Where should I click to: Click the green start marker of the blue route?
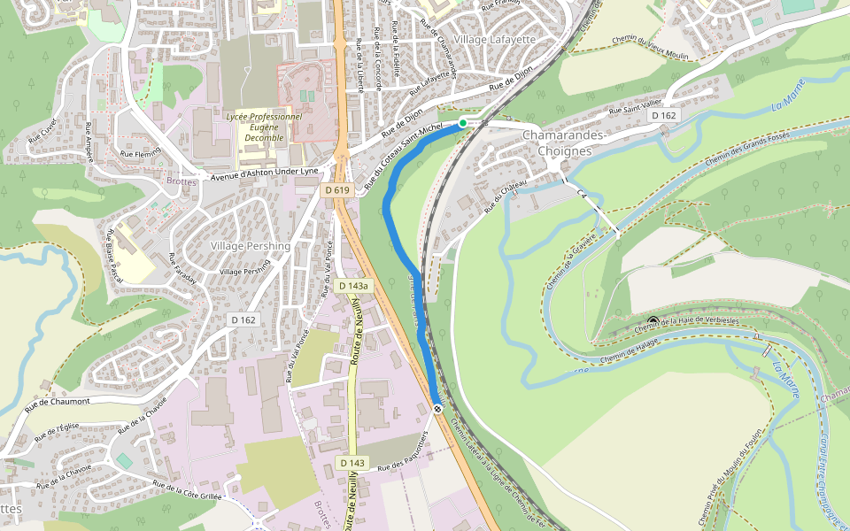click(462, 123)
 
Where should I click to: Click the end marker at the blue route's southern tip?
click(438, 408)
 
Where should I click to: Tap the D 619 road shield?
click(336, 189)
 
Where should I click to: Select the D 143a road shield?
click(352, 286)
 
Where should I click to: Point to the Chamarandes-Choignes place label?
click(563, 142)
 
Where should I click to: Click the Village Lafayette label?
click(494, 40)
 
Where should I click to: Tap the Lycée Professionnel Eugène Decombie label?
click(264, 127)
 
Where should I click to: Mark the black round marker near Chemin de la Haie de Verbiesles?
click(653, 321)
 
